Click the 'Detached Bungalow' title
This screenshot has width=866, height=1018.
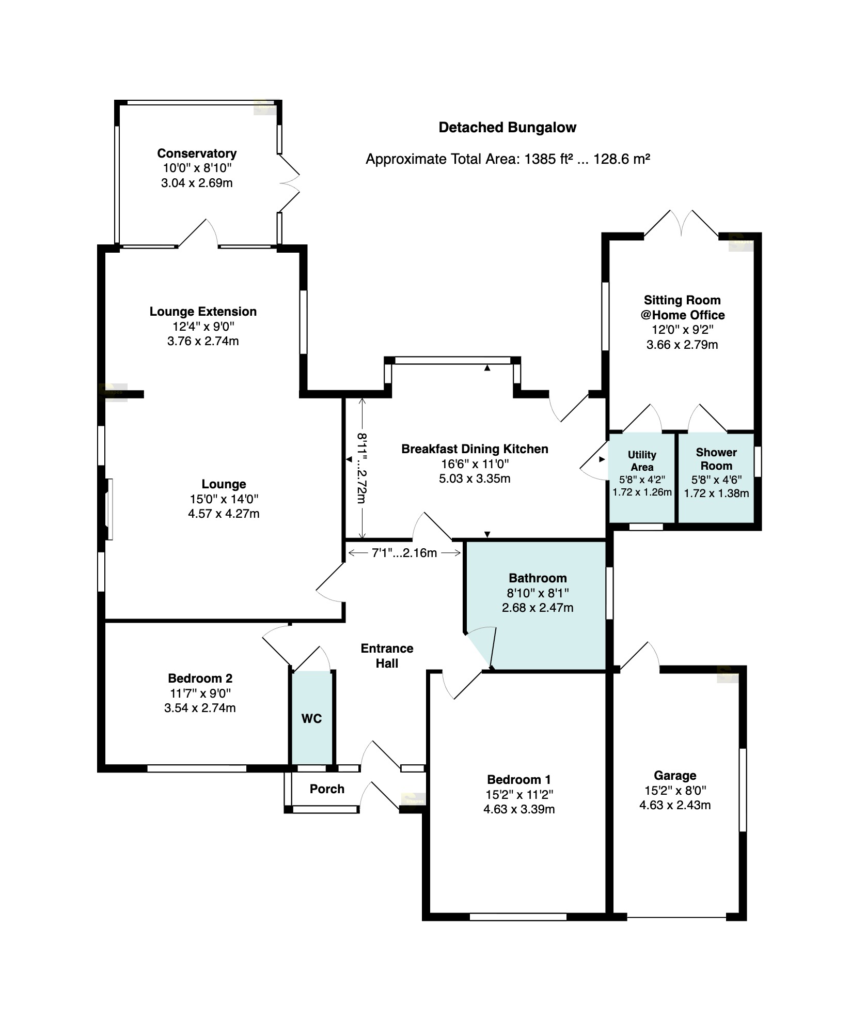click(507, 128)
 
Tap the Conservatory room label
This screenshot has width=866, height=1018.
click(197, 153)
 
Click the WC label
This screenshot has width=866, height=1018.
click(311, 718)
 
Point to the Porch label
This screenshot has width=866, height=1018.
click(327, 789)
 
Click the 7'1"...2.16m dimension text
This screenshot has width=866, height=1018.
click(404, 553)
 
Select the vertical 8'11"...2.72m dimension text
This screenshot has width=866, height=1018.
click(361, 468)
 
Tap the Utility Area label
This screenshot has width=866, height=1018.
click(642, 461)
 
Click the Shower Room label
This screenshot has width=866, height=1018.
click(716, 459)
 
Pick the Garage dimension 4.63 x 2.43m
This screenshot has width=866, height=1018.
click(675, 805)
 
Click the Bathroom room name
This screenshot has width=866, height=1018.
click(538, 578)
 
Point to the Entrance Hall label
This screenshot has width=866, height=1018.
click(387, 656)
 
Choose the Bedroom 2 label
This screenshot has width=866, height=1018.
click(200, 678)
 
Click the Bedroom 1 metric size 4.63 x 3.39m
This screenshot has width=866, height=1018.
click(519, 809)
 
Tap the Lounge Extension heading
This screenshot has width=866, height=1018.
click(203, 312)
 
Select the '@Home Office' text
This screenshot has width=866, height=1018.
click(682, 315)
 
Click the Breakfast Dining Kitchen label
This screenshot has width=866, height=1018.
click(475, 449)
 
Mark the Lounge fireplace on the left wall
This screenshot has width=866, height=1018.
click(107, 510)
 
